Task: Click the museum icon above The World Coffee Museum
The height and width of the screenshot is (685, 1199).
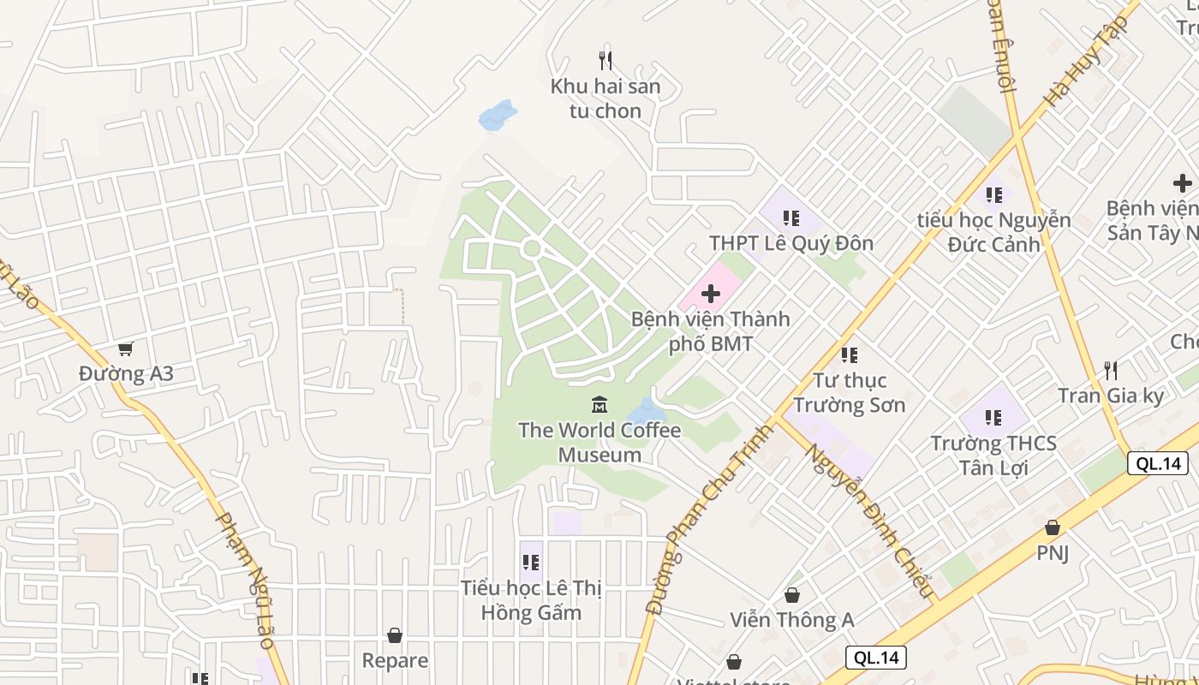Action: (599, 404)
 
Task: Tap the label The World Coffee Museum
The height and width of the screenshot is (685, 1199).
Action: (599, 442)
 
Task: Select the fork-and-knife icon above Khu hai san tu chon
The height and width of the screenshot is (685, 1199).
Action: (605, 61)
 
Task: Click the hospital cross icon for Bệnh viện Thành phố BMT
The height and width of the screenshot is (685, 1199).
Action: (710, 295)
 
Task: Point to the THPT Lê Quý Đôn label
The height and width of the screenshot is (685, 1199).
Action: (791, 243)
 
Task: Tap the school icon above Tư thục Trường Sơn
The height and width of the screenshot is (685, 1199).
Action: (849, 354)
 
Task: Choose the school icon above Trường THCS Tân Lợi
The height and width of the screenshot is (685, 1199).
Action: (993, 418)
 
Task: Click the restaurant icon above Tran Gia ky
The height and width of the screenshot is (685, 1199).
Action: (1111, 371)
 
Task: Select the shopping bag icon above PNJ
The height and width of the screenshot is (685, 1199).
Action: (1052, 527)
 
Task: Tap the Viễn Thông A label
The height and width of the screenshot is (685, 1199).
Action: (792, 619)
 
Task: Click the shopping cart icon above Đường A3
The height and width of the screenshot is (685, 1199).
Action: (126, 348)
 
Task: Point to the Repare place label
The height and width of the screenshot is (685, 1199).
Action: (395, 660)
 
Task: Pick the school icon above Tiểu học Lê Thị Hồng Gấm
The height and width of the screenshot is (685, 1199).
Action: (531, 563)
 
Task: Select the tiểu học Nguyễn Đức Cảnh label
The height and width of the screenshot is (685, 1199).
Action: (993, 232)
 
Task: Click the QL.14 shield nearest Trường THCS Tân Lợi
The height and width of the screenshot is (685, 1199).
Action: (1158, 463)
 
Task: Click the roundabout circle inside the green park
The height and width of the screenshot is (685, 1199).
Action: (531, 249)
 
